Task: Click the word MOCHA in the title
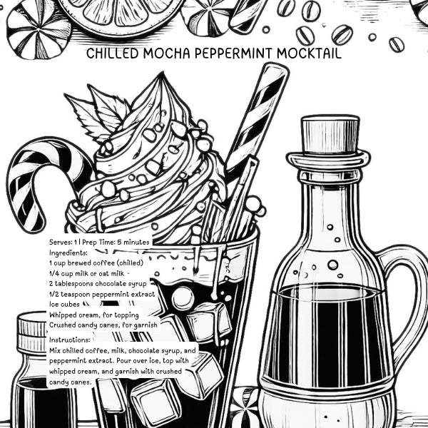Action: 156,54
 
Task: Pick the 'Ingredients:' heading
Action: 68,253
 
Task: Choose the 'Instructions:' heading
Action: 70,340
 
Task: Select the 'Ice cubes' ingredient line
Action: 64,304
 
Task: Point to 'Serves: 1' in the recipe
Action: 63,243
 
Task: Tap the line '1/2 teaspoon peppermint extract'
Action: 102,294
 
